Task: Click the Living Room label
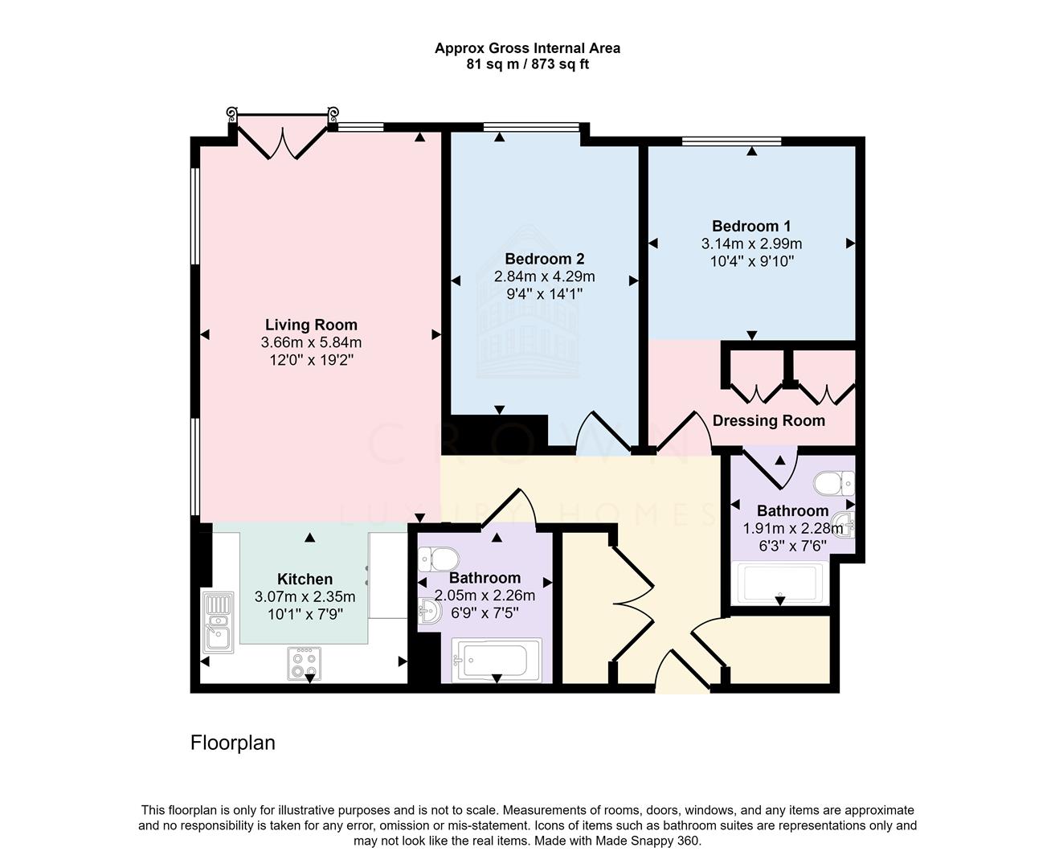click(311, 325)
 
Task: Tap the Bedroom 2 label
click(544, 259)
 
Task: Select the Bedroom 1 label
click(751, 226)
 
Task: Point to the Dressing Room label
click(768, 421)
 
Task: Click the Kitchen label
click(305, 579)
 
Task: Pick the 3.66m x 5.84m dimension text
click(311, 342)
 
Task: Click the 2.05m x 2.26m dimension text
click(485, 596)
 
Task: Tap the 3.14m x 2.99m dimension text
click(751, 244)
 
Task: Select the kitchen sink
click(218, 622)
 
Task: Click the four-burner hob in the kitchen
click(305, 663)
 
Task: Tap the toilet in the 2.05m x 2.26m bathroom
click(438, 559)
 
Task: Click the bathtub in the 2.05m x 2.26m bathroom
click(496, 659)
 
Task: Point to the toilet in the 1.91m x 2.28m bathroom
click(834, 483)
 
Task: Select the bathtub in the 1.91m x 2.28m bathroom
click(779, 583)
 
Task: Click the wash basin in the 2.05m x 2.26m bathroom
click(430, 610)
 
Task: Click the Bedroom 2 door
click(604, 432)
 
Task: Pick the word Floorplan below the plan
click(232, 743)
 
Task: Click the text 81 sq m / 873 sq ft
click(527, 64)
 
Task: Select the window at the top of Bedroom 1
click(731, 141)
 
